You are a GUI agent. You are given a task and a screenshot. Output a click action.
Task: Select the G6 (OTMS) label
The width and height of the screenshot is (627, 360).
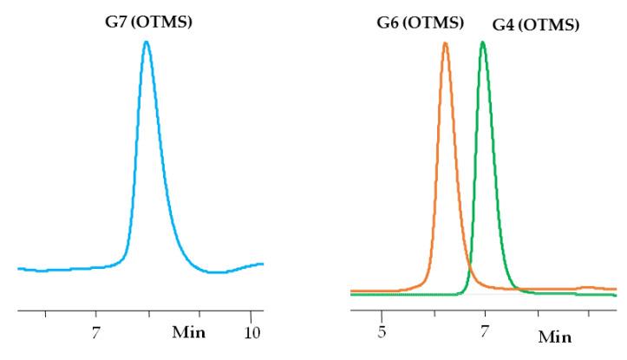coord(421,22)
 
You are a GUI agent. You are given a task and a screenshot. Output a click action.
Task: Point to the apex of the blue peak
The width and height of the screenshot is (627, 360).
coord(147,42)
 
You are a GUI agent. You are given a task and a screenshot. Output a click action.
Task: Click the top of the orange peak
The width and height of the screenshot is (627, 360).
coord(445,43)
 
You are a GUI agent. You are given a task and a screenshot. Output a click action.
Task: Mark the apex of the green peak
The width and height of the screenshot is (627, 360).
coord(483,42)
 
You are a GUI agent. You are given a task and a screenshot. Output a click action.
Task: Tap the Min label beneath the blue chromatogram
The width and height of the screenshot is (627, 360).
coord(189,331)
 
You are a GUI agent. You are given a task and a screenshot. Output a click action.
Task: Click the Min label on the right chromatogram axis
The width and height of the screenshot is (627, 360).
coord(555,337)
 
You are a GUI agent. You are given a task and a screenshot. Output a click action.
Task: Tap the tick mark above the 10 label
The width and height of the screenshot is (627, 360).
coord(251,312)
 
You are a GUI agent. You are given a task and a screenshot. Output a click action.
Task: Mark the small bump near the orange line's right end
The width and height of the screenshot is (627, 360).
coord(587,286)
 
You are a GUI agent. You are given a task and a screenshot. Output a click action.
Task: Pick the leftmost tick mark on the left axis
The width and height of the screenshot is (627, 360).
coord(45,312)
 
